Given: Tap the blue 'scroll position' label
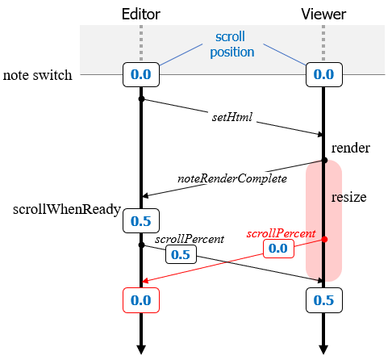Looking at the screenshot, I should (231, 45).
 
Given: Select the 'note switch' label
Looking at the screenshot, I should (37, 75).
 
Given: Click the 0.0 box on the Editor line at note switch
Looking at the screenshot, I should (141, 75).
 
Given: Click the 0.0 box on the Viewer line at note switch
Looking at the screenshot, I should (323, 75).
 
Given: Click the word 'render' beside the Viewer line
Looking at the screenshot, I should (351, 148).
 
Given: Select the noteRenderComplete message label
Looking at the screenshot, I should (232, 177).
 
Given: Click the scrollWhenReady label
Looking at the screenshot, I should (66, 210).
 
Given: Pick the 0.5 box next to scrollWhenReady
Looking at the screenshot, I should (141, 220).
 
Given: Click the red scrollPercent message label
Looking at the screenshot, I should (280, 233).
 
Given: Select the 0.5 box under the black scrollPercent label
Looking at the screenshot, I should (181, 254).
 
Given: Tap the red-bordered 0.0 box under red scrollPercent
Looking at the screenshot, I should (277, 249).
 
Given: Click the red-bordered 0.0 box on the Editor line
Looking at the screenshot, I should (141, 299).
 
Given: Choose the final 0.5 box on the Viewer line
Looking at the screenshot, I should (323, 299).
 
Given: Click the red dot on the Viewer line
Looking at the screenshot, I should (323, 240).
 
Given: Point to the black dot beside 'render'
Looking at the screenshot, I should (323, 160).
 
